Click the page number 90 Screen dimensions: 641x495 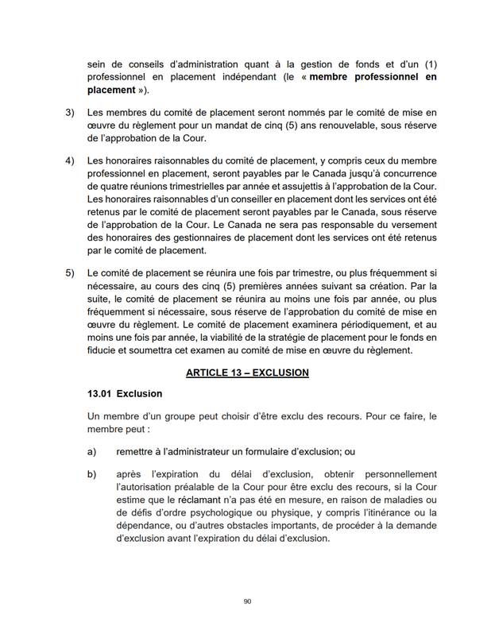pos(247,601)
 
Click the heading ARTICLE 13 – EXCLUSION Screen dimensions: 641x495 pos(246,373)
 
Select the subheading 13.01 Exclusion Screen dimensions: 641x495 pos(125,394)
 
